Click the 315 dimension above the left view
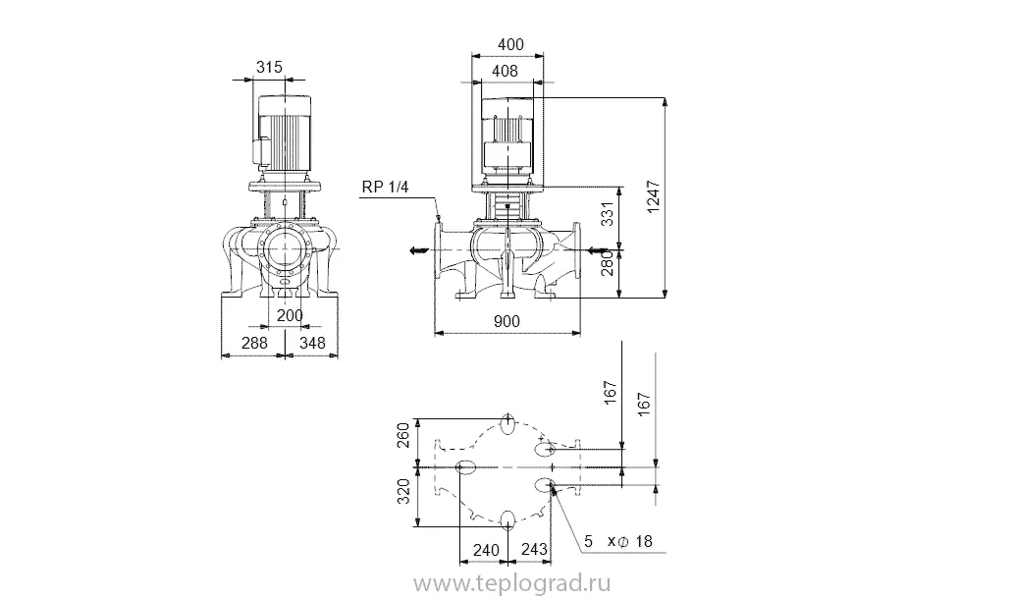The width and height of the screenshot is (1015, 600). (x=269, y=67)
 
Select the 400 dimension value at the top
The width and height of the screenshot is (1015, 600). (x=510, y=44)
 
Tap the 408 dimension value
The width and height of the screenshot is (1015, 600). (x=505, y=72)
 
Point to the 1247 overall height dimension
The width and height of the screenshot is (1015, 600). (x=654, y=196)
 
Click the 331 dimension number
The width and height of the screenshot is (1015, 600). (x=608, y=214)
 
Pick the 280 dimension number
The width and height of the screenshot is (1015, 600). (x=608, y=264)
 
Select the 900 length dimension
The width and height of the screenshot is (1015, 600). (x=507, y=321)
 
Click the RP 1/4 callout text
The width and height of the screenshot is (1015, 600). (x=385, y=187)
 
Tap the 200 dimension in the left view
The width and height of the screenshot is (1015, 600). (x=290, y=316)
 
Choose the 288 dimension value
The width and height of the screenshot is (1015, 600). (x=254, y=343)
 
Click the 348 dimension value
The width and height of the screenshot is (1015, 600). (x=313, y=343)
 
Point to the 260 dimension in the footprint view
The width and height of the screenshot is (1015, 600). (x=402, y=435)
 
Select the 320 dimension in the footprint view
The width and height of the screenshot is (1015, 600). (x=402, y=492)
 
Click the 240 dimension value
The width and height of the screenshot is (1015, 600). (x=486, y=550)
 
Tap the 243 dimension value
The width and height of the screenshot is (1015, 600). (x=534, y=550)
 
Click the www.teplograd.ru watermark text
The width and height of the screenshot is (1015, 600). (x=512, y=584)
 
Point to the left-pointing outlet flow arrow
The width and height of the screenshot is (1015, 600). (x=419, y=250)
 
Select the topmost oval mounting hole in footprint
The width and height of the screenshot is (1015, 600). (x=508, y=425)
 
